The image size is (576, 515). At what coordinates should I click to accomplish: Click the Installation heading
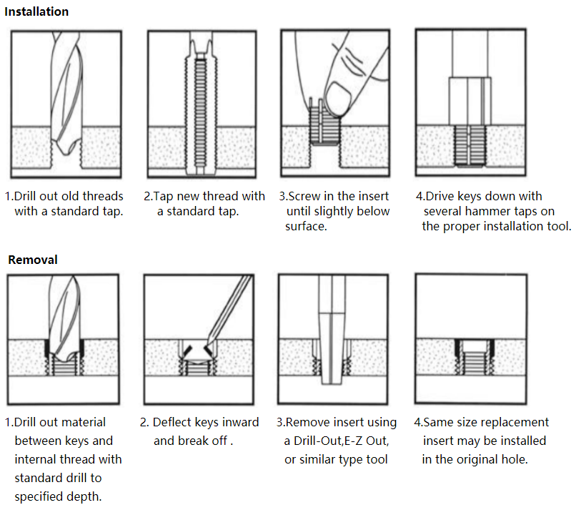tap(37, 11)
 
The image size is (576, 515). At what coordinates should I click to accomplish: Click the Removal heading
tap(33, 260)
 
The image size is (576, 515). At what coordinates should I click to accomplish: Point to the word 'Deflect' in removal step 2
tap(174, 423)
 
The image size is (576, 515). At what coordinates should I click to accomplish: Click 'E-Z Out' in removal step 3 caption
tap(364, 441)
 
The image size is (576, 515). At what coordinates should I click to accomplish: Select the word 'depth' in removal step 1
tap(83, 496)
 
